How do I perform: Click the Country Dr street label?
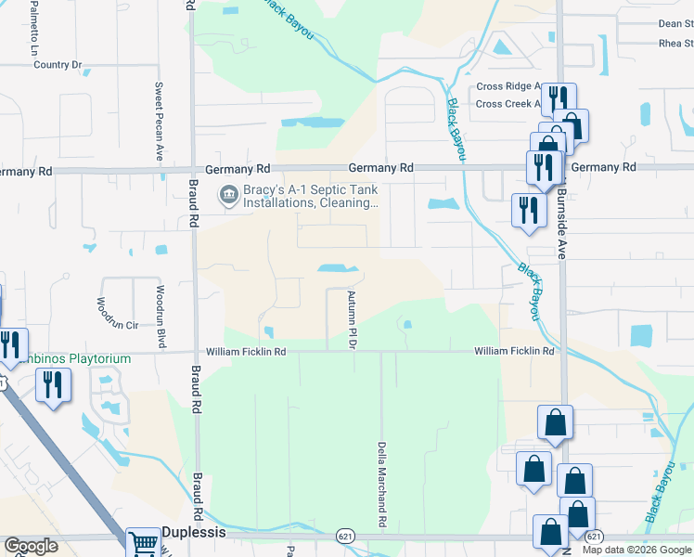pos(58,65)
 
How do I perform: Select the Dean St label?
pos(675,24)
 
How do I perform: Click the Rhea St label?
pos(675,44)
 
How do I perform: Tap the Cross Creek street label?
pos(506,104)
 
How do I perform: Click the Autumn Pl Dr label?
pos(353,319)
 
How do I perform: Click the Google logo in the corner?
pos(31,546)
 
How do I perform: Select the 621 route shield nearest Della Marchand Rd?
pos(344,536)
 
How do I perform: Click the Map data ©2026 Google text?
pos(636,550)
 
